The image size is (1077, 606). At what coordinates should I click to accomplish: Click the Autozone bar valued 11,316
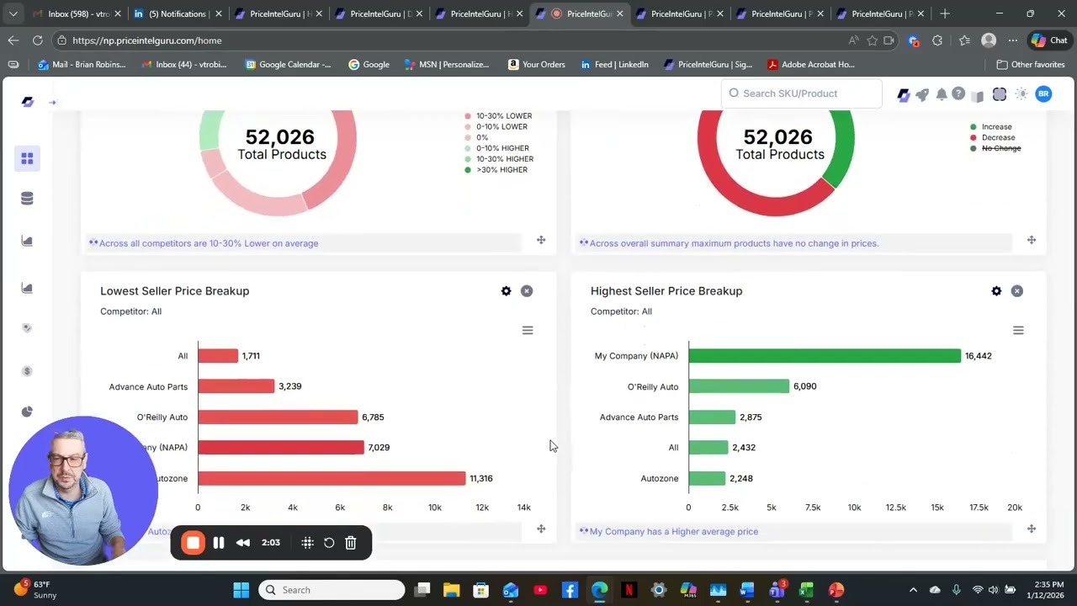pos(332,478)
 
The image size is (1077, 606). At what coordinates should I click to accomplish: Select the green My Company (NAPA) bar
pos(825,356)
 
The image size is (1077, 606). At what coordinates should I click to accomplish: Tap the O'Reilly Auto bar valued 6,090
pos(739,386)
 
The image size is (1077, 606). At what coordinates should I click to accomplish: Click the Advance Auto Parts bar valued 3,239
pos(236,386)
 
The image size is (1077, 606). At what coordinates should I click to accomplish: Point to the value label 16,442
pos(978,356)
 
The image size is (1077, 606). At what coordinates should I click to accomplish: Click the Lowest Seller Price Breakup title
pos(174,291)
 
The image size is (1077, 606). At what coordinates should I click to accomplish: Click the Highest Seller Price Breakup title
pos(666,291)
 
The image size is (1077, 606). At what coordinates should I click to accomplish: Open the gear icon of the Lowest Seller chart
pos(506,291)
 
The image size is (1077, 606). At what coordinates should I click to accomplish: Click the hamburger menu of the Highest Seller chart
pos(1018,331)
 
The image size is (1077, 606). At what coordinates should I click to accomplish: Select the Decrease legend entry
pos(998,137)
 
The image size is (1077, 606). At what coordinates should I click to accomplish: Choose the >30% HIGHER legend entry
pos(501,170)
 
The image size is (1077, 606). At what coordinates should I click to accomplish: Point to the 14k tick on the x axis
pos(523,508)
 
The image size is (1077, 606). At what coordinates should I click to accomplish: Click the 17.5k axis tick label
pos(979,508)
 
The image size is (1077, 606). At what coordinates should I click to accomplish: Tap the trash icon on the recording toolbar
pos(351,543)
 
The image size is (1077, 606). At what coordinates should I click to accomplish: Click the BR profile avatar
pos(1043,94)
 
